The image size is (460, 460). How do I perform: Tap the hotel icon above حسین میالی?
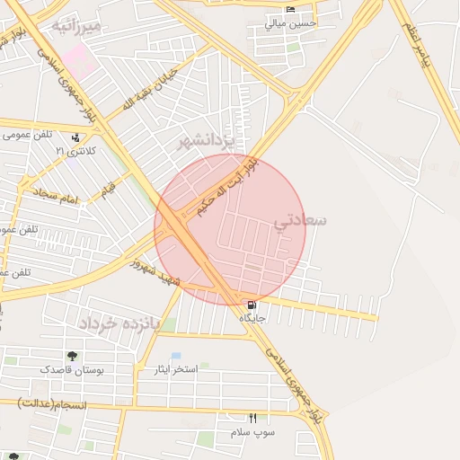click(289, 10)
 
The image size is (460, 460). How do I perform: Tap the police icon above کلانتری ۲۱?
click(75, 137)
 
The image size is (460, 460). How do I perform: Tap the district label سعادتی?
click(301, 220)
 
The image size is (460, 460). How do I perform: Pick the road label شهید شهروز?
click(156, 273)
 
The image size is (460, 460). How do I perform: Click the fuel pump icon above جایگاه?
click(251, 305)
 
